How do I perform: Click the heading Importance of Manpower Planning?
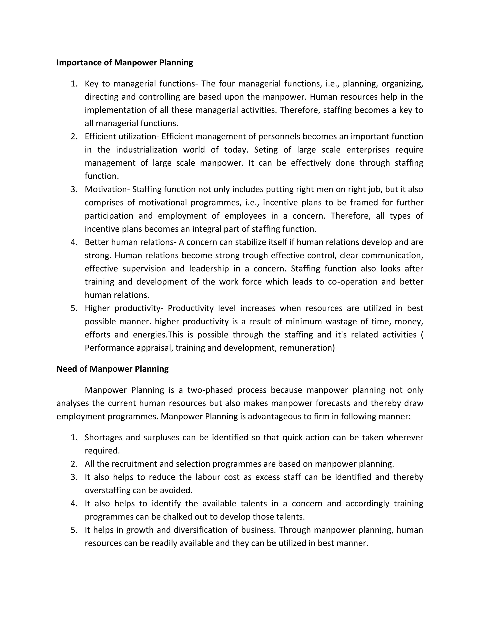tap(124, 63)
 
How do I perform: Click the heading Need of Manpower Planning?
tap(112, 369)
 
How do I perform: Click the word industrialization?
tap(146, 150)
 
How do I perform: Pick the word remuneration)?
tap(307, 348)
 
